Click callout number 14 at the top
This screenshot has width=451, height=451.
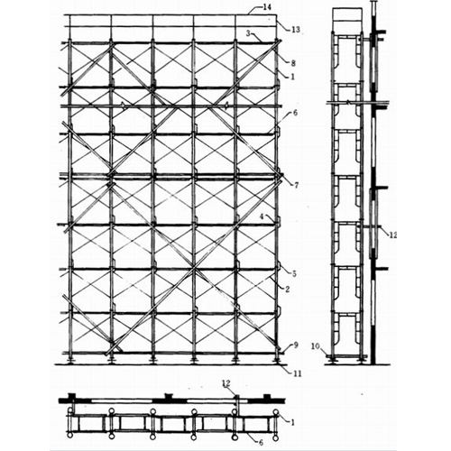[x=267, y=8]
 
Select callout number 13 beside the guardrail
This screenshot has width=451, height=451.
[x=296, y=30]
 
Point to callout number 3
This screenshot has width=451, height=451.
[x=248, y=33]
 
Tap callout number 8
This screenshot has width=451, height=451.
[x=293, y=63]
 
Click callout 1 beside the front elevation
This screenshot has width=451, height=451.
[x=292, y=77]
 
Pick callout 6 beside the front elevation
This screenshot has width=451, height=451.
[x=295, y=113]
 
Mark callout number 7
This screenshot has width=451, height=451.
[x=296, y=185]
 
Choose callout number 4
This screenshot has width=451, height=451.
[x=262, y=216]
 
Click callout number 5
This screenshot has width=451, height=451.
[x=294, y=274]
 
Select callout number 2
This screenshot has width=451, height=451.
[x=288, y=290]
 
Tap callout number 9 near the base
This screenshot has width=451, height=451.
[x=296, y=345]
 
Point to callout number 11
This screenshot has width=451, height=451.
[x=298, y=373]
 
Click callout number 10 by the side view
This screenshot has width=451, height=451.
[x=316, y=346]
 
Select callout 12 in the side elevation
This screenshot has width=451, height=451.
[x=392, y=235]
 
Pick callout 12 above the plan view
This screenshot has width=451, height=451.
[x=226, y=383]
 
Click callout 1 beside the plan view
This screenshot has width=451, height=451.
[x=292, y=422]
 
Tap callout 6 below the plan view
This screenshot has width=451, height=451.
[x=261, y=443]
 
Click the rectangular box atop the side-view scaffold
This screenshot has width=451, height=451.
[x=347, y=14]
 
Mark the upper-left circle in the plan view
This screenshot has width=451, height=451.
[x=69, y=410]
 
